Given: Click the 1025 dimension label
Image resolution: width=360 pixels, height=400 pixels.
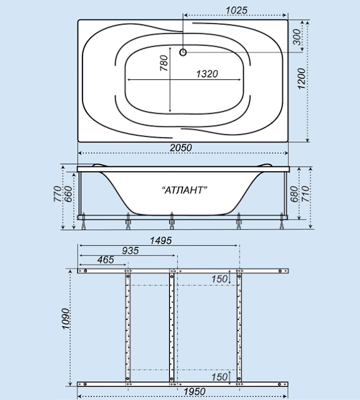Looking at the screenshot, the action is coord(236,11).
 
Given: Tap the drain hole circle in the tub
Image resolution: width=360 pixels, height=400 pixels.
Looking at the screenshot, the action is coord(183,52).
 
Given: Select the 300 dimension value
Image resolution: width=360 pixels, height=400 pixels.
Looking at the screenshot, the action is coord(296,37).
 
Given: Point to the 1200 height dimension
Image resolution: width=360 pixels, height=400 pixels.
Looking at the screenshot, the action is coord(302,79).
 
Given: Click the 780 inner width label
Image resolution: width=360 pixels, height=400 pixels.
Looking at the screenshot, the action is coord(164,63).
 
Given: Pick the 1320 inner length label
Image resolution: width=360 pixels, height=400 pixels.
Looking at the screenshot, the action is coord(207,74).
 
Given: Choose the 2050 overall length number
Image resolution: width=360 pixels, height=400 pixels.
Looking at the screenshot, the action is coord(181,147).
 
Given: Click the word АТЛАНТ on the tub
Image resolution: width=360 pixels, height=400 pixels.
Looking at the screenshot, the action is coord(185,190).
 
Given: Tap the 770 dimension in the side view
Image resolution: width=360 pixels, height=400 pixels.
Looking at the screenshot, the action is coord(57,194).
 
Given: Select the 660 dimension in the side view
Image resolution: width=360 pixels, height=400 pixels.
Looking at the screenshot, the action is coord(68,194).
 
